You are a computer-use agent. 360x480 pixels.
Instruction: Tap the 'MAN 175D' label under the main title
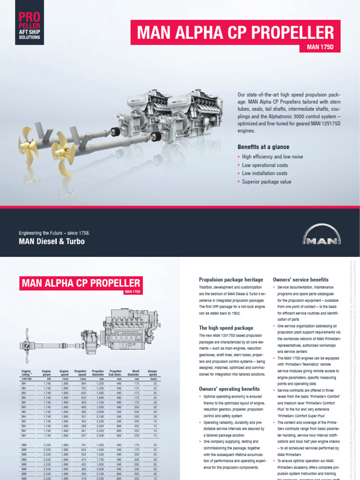[320, 47]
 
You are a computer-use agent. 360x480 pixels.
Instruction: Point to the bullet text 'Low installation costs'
[264, 173]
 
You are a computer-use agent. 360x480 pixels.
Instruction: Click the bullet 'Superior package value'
[266, 182]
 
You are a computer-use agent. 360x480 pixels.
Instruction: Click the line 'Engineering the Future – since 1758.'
[53, 233]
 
